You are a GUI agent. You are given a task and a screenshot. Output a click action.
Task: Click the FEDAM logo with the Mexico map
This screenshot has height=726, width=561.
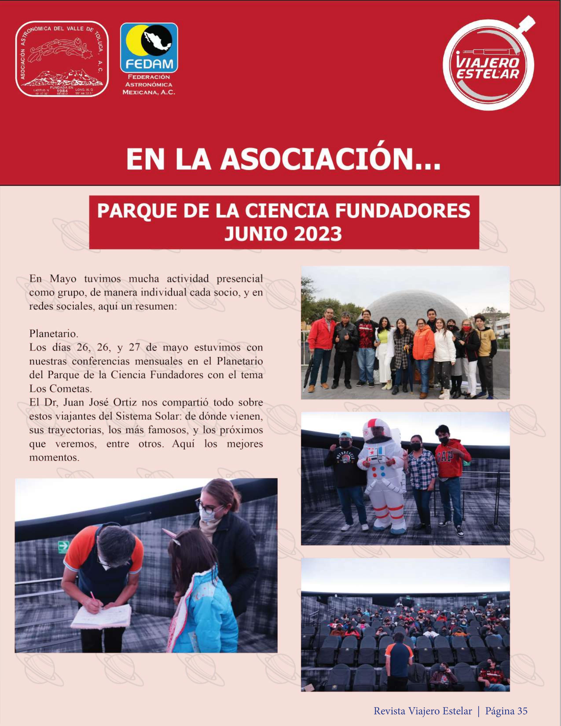pyautogui.click(x=149, y=48)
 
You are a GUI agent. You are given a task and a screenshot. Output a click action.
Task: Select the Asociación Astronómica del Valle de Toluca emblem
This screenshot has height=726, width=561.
pyautogui.click(x=62, y=59)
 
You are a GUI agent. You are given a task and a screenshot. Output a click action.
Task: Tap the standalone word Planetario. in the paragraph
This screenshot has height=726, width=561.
pyautogui.click(x=53, y=333)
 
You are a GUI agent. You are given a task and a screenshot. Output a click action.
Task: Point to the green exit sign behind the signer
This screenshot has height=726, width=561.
pyautogui.click(x=63, y=545)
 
